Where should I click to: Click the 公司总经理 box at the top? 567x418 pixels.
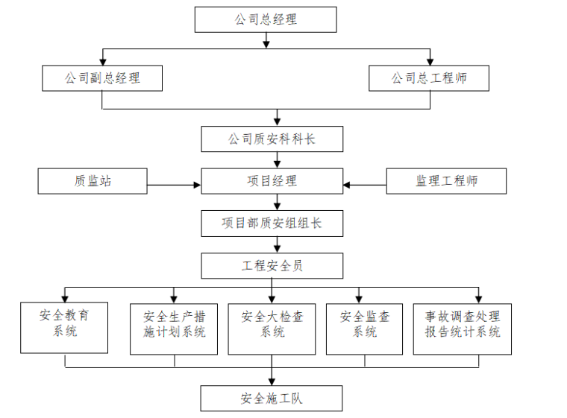(265, 19)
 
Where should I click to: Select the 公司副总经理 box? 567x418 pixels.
(102, 77)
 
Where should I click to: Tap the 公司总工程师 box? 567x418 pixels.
(429, 77)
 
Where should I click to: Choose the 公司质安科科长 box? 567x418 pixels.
(272, 139)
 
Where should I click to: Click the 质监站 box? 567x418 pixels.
(93, 181)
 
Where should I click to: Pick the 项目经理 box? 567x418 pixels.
(272, 181)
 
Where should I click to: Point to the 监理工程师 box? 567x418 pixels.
(446, 181)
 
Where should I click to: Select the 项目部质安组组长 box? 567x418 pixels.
(272, 223)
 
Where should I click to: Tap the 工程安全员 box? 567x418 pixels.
(272, 265)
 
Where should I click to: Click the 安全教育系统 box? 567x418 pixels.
(65, 327)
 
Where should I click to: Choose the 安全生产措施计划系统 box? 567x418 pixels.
(174, 328)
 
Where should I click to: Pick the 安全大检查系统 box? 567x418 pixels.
(272, 328)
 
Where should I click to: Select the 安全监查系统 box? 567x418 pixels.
(365, 328)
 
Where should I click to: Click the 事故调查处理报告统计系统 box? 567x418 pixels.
(463, 328)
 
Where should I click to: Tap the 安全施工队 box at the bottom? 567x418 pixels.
(272, 399)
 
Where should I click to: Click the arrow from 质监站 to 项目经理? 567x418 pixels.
(174, 185)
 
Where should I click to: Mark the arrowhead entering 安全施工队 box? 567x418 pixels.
(272, 381)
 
